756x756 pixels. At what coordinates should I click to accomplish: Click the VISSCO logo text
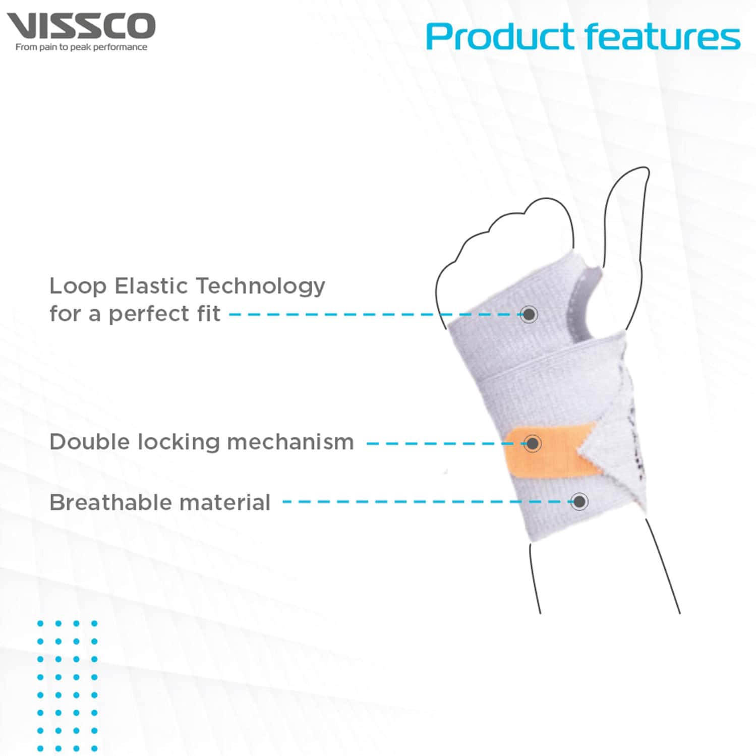[x=81, y=26]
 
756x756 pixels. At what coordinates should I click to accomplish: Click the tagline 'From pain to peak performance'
[x=81, y=47]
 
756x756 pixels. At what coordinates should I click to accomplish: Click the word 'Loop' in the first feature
[x=78, y=286]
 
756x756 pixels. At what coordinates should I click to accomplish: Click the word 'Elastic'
[x=151, y=286]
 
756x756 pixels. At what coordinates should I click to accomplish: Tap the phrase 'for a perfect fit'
[x=135, y=314]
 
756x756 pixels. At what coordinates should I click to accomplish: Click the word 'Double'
[x=89, y=442]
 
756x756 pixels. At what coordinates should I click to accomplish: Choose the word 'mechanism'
[x=290, y=442]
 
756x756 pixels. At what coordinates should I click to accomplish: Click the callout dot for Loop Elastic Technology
[x=529, y=315]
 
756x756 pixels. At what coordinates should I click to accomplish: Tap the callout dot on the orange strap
[x=532, y=444]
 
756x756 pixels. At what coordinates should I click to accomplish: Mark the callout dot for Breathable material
[x=579, y=501]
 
